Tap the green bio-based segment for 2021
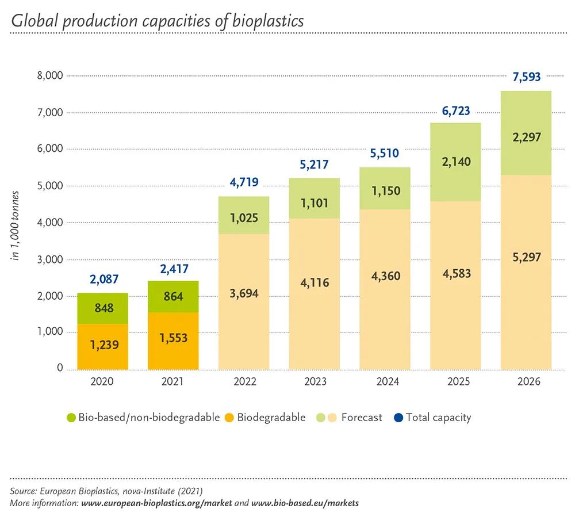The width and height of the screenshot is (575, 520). (x=173, y=297)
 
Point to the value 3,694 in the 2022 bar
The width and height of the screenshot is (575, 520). (x=244, y=293)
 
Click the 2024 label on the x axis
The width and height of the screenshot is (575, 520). (x=385, y=382)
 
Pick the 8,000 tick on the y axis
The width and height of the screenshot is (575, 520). (x=50, y=75)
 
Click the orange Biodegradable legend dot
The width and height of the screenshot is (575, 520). (x=229, y=418)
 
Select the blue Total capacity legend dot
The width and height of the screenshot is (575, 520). (x=398, y=418)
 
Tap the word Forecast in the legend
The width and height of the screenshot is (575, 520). (x=361, y=418)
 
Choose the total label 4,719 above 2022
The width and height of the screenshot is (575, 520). (x=244, y=183)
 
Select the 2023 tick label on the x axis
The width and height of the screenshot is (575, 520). (x=315, y=382)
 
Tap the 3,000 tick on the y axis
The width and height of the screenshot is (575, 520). (x=50, y=259)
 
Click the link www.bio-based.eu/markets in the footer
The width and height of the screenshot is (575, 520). (x=305, y=503)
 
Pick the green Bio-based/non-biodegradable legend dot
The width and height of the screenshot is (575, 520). (x=71, y=418)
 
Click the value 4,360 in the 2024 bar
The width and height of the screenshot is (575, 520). (x=385, y=276)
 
